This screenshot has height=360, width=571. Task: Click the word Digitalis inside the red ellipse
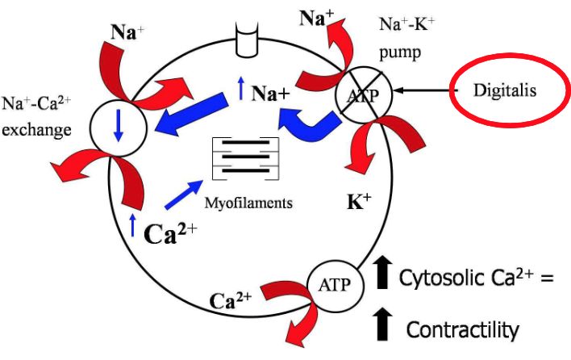(x=511, y=91)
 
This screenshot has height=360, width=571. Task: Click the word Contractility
(x=461, y=329)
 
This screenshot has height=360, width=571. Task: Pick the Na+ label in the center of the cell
(x=271, y=94)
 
